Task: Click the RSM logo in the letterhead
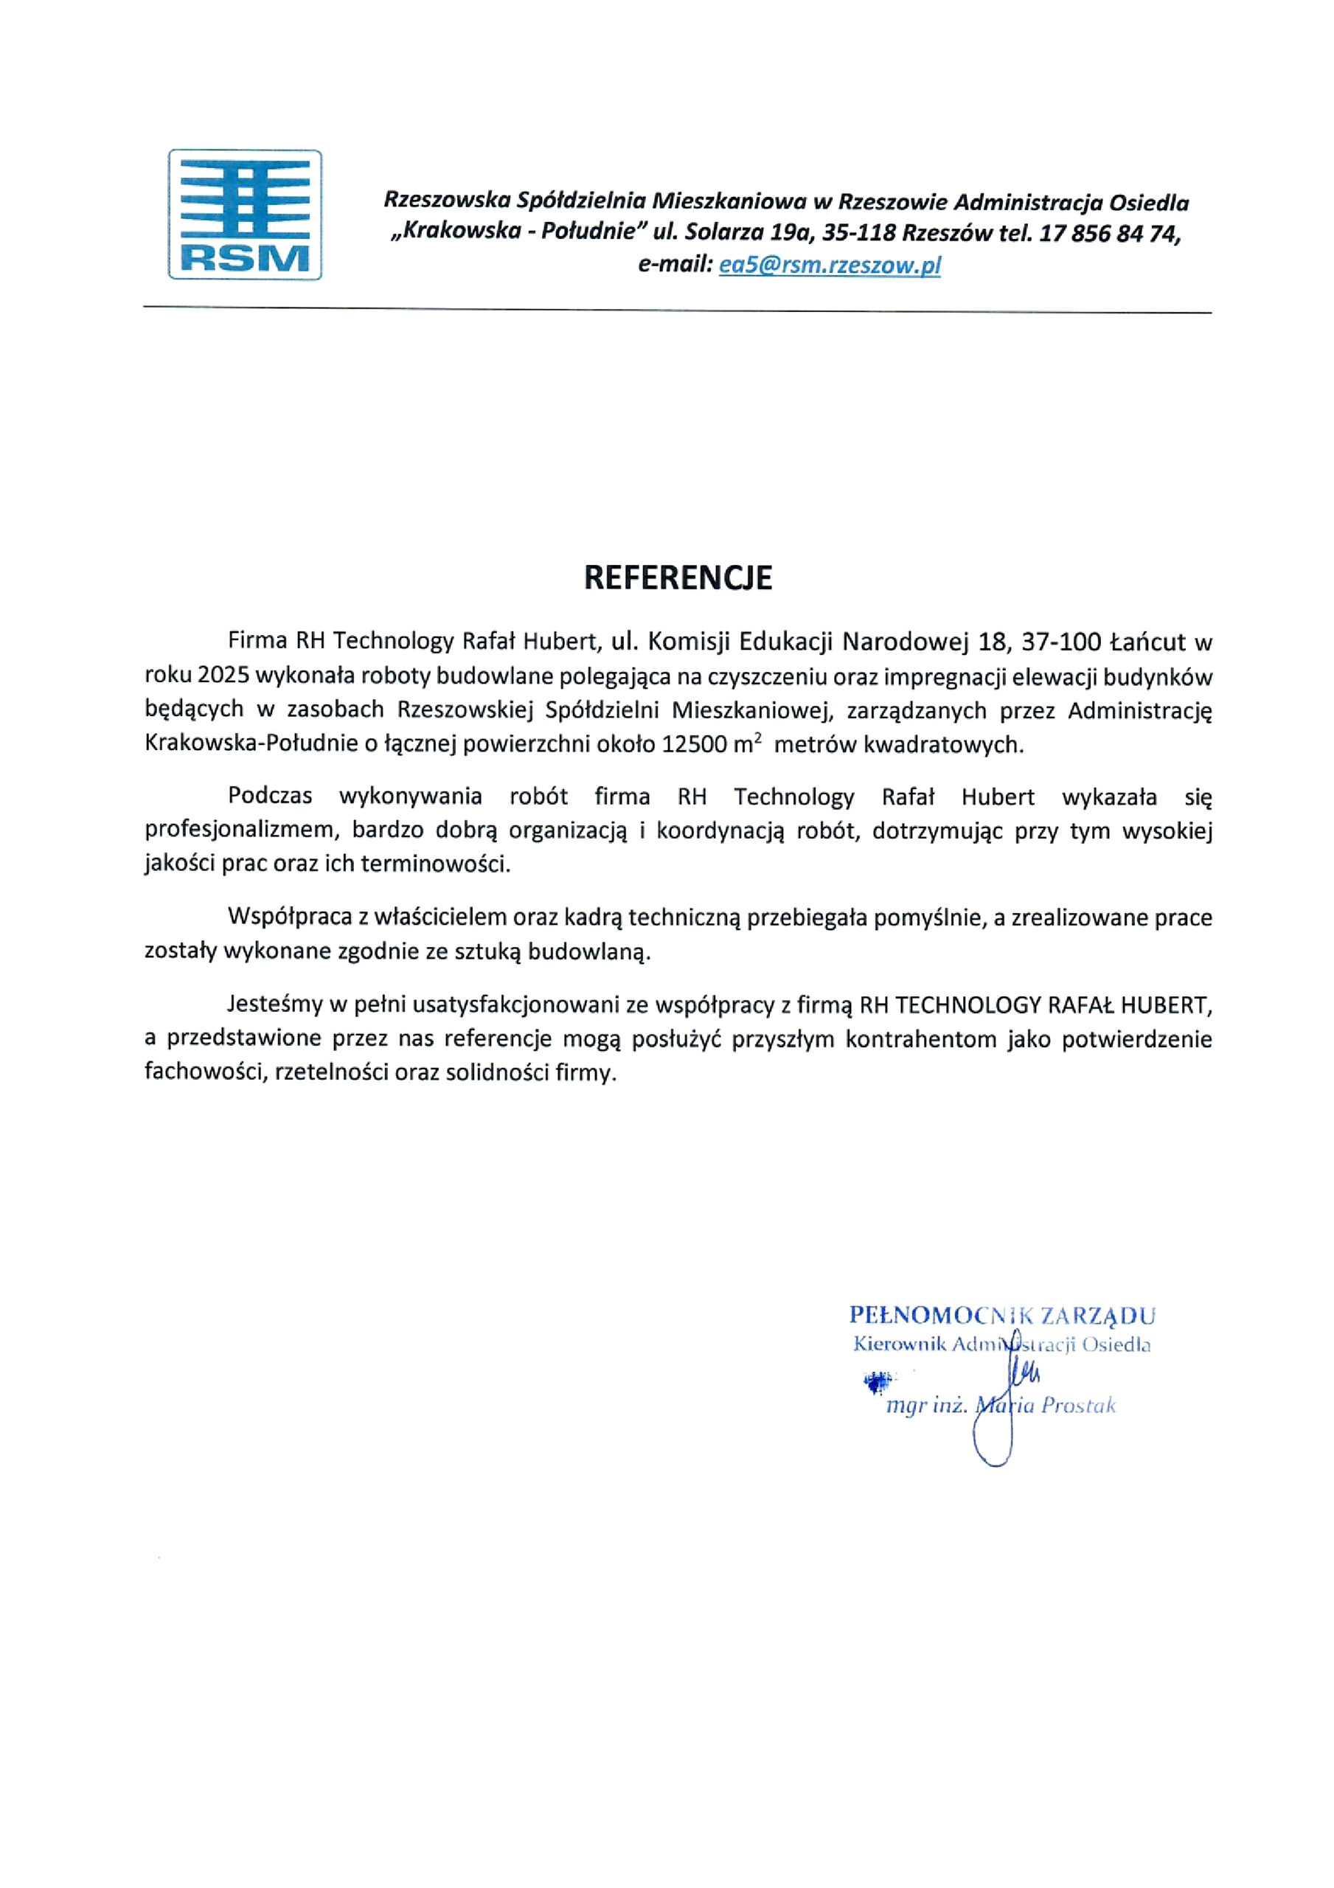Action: (x=244, y=215)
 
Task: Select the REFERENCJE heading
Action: (x=678, y=578)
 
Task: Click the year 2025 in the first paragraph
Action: (x=223, y=676)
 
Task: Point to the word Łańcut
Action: (x=1147, y=641)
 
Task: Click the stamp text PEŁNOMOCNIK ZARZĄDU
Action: (x=1001, y=1316)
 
